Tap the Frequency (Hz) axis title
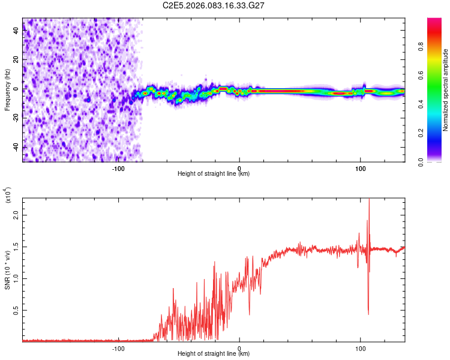pos(7,91)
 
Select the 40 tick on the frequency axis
pos(16,31)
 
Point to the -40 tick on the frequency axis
pos(16,146)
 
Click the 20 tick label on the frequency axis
pos(16,60)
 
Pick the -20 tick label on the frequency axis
pos(16,118)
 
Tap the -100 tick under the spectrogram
pos(118,167)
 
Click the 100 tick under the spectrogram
pos(361,167)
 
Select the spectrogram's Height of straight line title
pos(214,174)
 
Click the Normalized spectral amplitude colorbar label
pos(446,90)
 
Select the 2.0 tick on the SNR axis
pos(16,214)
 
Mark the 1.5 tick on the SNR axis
pos(16,246)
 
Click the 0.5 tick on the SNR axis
pos(16,310)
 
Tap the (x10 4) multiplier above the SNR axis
pos(8,196)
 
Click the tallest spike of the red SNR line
pos(369,200)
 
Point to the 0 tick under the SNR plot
pos(239,347)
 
